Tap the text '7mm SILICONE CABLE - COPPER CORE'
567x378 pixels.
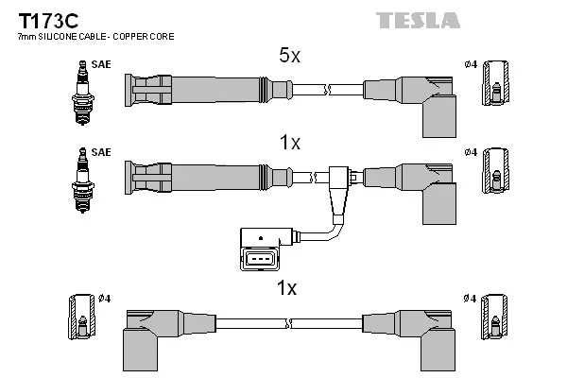(x=95, y=36)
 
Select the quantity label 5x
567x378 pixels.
(x=288, y=57)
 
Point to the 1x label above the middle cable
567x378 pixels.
(x=289, y=144)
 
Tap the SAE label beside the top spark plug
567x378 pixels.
(x=100, y=65)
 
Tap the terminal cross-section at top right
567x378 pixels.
(x=497, y=89)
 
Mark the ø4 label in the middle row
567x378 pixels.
(x=471, y=152)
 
